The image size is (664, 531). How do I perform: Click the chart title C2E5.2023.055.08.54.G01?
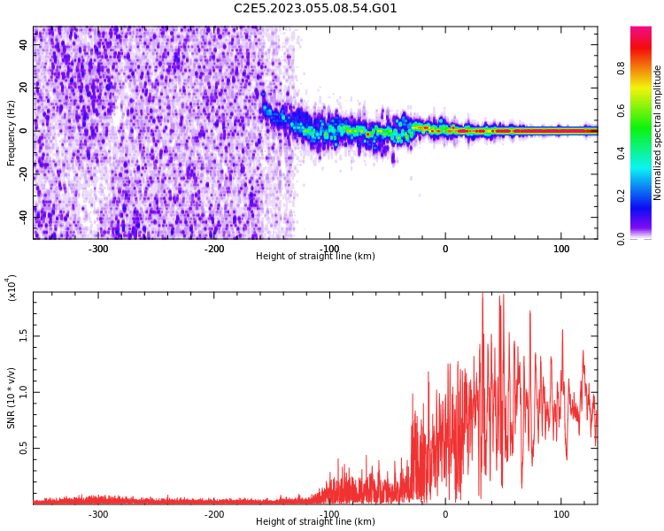(x=315, y=9)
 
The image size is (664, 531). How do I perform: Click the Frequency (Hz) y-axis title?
(x=12, y=133)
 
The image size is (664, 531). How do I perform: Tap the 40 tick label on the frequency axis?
(x=24, y=44)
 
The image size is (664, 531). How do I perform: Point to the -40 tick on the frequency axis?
(x=24, y=215)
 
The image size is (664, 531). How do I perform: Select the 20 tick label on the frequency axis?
(x=24, y=88)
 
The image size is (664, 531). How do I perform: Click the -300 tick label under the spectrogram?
(x=98, y=249)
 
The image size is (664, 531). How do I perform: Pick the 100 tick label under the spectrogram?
(x=561, y=249)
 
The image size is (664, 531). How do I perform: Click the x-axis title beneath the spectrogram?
(x=315, y=257)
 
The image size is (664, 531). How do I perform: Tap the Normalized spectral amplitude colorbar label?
(x=658, y=133)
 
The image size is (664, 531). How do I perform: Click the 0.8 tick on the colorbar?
(x=622, y=68)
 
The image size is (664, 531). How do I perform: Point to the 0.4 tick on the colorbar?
(x=622, y=153)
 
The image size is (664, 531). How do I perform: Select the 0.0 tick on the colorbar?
(x=622, y=238)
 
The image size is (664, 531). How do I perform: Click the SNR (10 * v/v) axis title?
(x=12, y=398)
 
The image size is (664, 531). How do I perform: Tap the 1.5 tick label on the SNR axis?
(x=24, y=335)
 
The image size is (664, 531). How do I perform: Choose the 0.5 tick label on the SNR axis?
(x=24, y=448)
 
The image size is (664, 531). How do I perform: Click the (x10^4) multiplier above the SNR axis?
(x=12, y=288)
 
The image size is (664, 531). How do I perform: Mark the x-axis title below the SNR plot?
(x=315, y=522)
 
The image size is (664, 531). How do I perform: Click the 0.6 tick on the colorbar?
(x=622, y=111)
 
